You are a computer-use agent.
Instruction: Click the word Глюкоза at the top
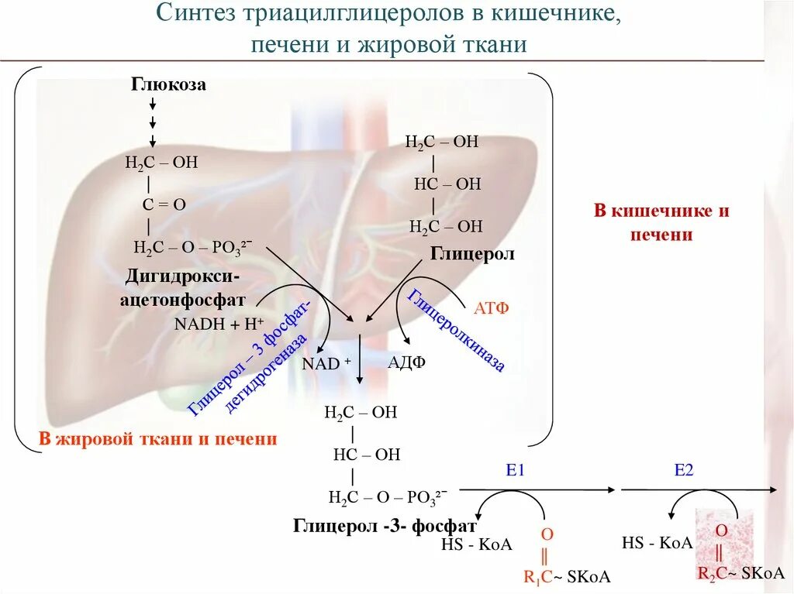pyautogui.click(x=168, y=84)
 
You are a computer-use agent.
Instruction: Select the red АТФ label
pyautogui.click(x=491, y=308)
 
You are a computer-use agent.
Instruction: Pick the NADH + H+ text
pyautogui.click(x=219, y=324)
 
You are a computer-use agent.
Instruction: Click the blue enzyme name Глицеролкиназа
pyautogui.click(x=457, y=330)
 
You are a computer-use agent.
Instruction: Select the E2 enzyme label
pyautogui.click(x=683, y=470)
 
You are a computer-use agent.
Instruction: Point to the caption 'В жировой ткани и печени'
pyautogui.click(x=158, y=439)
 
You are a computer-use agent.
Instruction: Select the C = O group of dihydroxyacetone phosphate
pyautogui.click(x=164, y=204)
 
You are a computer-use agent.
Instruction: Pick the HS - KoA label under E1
pyautogui.click(x=476, y=544)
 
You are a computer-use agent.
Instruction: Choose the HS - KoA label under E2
pyautogui.click(x=657, y=543)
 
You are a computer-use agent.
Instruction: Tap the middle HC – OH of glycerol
pyautogui.click(x=447, y=184)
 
